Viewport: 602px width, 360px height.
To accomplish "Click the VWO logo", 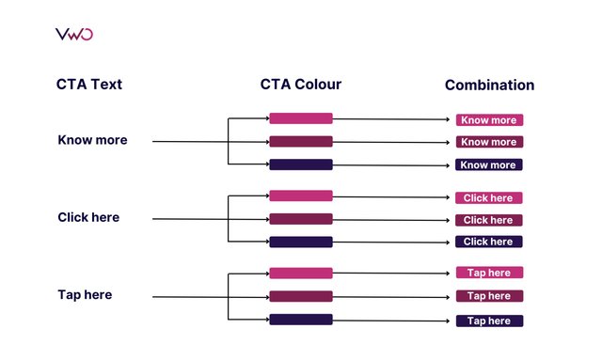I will click(74, 35).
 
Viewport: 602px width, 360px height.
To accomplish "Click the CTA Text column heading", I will click(89, 86).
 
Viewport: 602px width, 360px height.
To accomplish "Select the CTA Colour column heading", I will click(301, 85).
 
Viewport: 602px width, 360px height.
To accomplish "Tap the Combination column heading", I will click(489, 86).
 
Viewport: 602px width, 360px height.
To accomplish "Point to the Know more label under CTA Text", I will click(92, 141).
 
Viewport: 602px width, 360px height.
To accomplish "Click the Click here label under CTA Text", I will click(88, 218).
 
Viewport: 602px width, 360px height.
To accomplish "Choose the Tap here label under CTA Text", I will click(85, 295).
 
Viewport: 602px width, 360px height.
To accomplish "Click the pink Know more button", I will click(489, 120).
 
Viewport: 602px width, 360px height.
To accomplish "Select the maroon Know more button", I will click(489, 142).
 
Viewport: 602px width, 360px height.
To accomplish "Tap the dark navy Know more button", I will click(489, 164).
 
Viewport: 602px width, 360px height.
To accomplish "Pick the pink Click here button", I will click(489, 198).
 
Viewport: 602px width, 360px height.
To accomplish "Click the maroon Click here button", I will click(489, 220).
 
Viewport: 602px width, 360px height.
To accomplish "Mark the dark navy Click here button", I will click(489, 242).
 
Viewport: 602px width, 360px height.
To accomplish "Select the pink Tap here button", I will click(489, 273).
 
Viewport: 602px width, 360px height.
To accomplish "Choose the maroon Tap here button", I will click(489, 296).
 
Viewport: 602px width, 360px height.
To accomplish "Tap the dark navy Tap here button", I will click(489, 321).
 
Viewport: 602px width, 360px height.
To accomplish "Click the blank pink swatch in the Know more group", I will click(301, 118).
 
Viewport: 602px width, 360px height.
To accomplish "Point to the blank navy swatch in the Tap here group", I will click(301, 320).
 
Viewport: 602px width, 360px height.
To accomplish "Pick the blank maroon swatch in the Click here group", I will click(301, 219).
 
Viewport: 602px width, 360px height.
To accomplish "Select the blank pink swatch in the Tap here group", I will click(301, 274).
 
